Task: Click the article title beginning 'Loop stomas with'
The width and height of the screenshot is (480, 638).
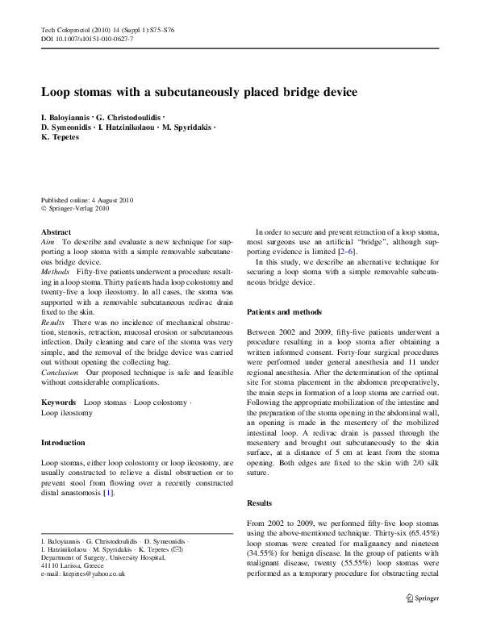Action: [198, 93]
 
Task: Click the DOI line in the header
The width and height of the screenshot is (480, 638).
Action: [87, 38]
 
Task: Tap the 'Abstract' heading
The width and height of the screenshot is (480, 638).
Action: [56, 231]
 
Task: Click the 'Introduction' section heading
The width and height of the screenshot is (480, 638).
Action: [62, 443]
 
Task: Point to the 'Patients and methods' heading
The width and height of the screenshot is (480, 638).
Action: [284, 311]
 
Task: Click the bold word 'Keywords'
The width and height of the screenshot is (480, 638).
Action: [58, 401]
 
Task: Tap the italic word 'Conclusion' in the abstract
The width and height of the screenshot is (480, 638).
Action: [60, 373]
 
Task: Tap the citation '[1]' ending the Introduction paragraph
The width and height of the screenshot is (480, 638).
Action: [108, 494]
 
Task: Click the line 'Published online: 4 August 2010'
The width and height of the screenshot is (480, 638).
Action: [87, 198]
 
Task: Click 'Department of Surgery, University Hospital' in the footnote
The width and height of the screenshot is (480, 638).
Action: [97, 557]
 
